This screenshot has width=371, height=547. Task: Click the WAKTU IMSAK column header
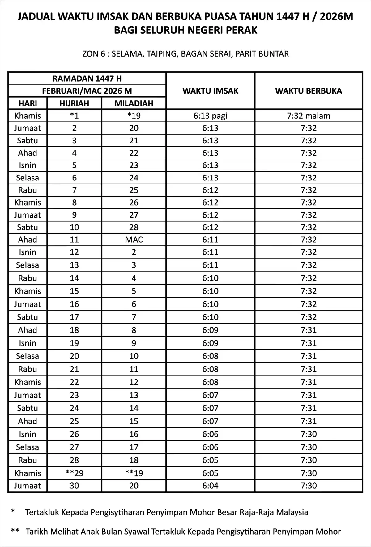tap(210, 91)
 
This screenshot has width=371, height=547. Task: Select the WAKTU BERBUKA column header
tap(309, 91)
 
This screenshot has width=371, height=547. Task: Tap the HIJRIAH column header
tap(74, 103)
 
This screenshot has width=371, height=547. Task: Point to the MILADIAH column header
tap(134, 103)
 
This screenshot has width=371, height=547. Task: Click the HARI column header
tap(28, 103)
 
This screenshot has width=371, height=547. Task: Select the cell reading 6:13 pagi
tap(210, 116)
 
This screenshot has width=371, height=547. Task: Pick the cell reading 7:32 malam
tap(309, 116)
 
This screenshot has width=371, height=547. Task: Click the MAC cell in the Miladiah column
tap(134, 240)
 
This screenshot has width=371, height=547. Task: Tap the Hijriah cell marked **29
tap(74, 473)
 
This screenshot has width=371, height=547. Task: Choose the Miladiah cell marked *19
tap(134, 116)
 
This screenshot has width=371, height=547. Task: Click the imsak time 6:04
tap(210, 486)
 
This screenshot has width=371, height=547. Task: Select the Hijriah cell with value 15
tap(74, 291)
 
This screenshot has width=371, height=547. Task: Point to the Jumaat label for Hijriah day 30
tap(28, 486)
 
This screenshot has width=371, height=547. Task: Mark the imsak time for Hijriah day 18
tap(210, 330)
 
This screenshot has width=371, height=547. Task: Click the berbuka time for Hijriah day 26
tap(309, 434)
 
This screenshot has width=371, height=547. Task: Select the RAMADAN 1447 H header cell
tap(87, 78)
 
